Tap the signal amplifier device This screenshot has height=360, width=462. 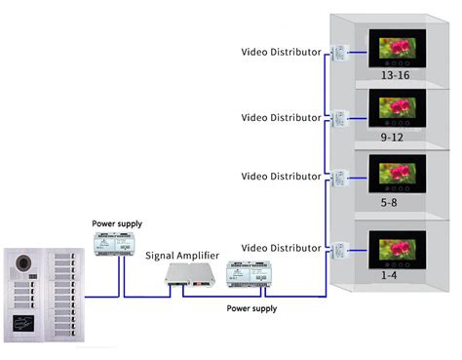coord(188,277)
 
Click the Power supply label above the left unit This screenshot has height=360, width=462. coord(116,223)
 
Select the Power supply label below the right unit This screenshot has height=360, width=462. coord(251,308)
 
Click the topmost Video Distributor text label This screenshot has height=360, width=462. coord(281,52)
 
